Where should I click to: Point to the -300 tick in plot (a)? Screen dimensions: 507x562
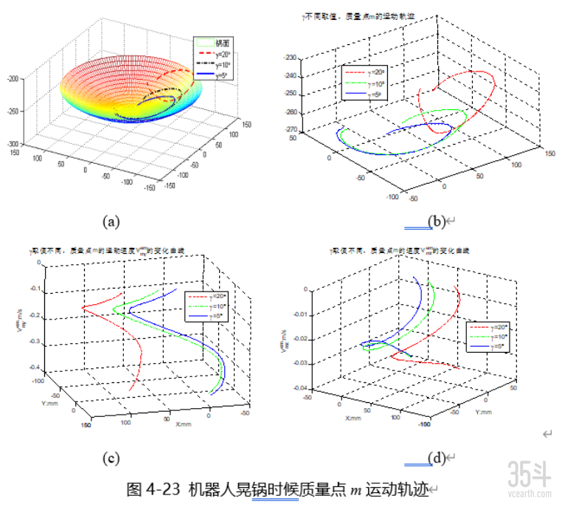(x=13, y=145)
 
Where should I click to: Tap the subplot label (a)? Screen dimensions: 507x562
(x=112, y=221)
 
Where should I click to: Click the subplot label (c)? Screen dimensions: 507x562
(x=112, y=458)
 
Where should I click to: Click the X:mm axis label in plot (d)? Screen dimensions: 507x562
(x=353, y=418)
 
